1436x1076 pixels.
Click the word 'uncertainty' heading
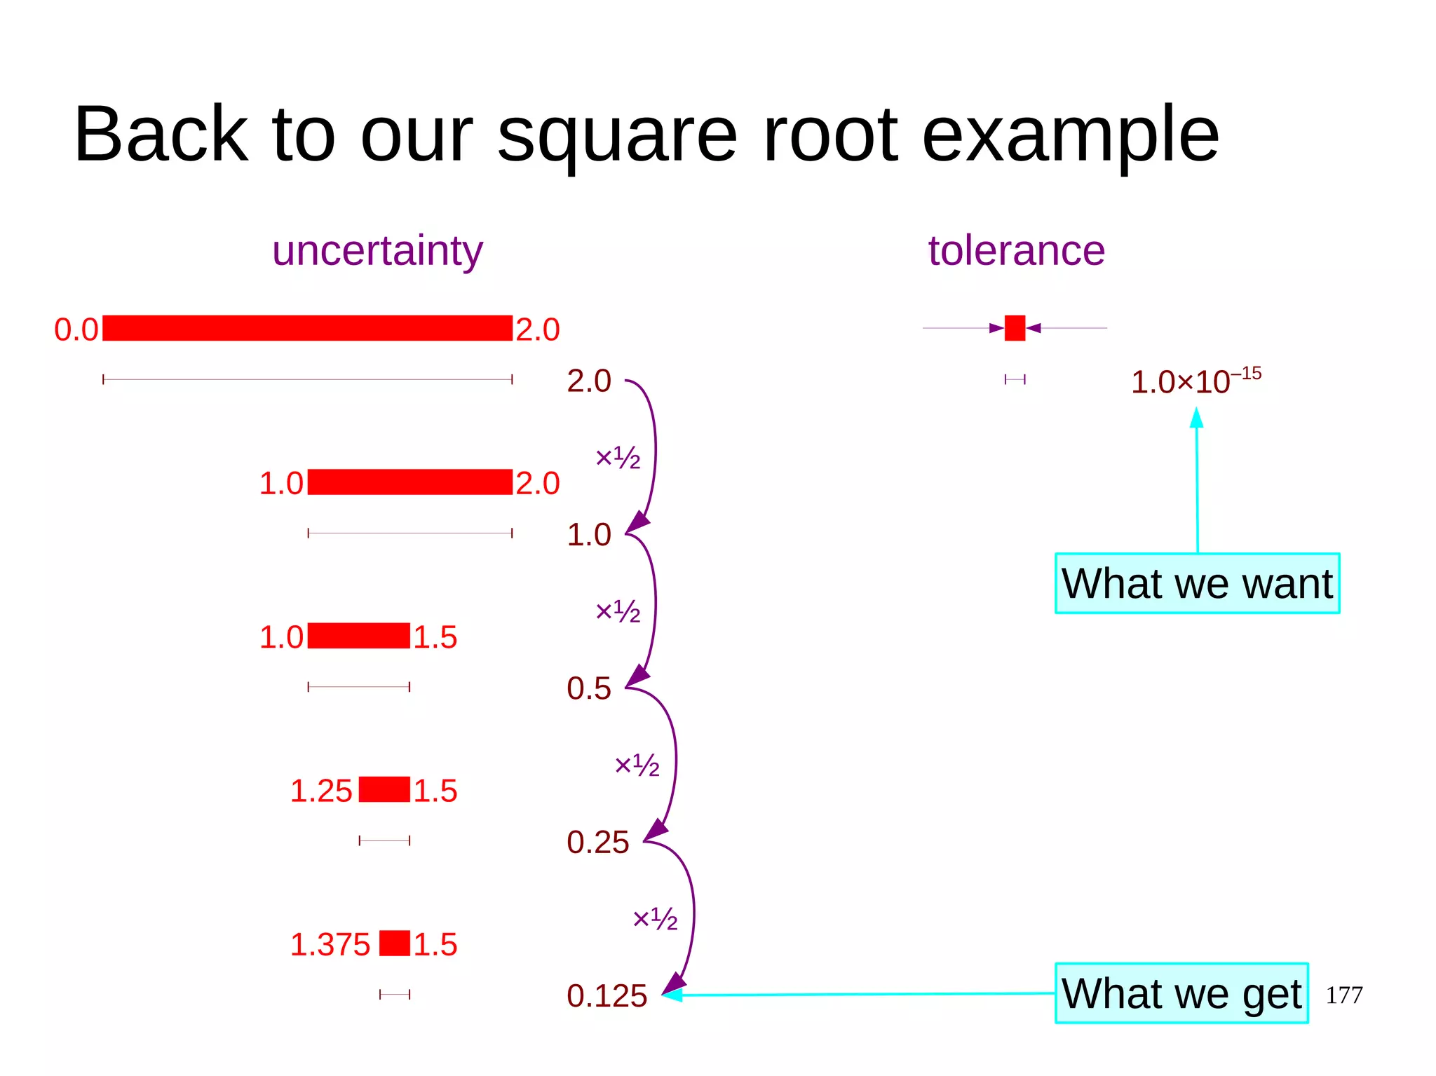[x=377, y=251]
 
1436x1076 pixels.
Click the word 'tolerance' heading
[x=1016, y=250]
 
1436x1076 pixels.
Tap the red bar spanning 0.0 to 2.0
[x=307, y=328]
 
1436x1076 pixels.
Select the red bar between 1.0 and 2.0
[x=409, y=482]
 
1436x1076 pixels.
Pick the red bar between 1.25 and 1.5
[x=384, y=789]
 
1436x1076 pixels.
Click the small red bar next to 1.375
[x=395, y=943]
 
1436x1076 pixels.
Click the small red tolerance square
[x=1015, y=328]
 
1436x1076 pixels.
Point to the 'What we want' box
[x=1197, y=583]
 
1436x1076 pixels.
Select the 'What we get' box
[x=1181, y=993]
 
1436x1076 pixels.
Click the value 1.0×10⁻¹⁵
[x=1195, y=381]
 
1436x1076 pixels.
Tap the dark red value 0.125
[x=607, y=995]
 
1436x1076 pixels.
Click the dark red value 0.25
[x=597, y=842]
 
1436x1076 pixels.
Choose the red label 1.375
[x=330, y=944]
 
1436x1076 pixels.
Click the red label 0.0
[x=76, y=329]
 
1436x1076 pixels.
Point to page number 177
[x=1343, y=995]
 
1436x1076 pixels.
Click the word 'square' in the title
[x=617, y=135]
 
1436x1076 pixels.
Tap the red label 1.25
[x=321, y=791]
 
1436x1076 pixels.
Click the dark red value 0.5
[x=588, y=688]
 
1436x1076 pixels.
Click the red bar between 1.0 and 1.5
[x=358, y=636]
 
